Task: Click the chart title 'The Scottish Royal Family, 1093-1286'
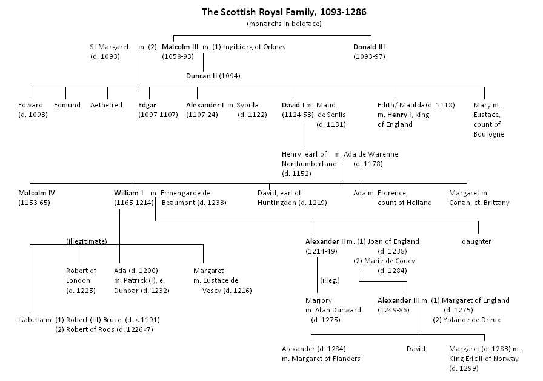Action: tap(284, 12)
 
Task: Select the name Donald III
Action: tap(369, 47)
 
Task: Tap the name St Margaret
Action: tap(110, 47)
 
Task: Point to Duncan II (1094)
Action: tap(213, 76)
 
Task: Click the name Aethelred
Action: tap(106, 105)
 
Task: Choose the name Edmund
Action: tap(67, 105)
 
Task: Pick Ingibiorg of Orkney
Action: tap(254, 47)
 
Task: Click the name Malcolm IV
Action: tap(36, 193)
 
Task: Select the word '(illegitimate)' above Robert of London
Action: tap(87, 241)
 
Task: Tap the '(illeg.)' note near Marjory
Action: tap(330, 280)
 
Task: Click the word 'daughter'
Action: tap(476, 241)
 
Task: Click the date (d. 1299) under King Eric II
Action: tap(464, 368)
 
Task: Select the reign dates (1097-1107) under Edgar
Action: tap(158, 115)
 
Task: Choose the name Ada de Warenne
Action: tap(370, 154)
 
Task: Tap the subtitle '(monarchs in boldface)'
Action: tap(284, 24)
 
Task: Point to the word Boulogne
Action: tap(488, 135)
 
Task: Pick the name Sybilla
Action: tap(247, 105)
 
